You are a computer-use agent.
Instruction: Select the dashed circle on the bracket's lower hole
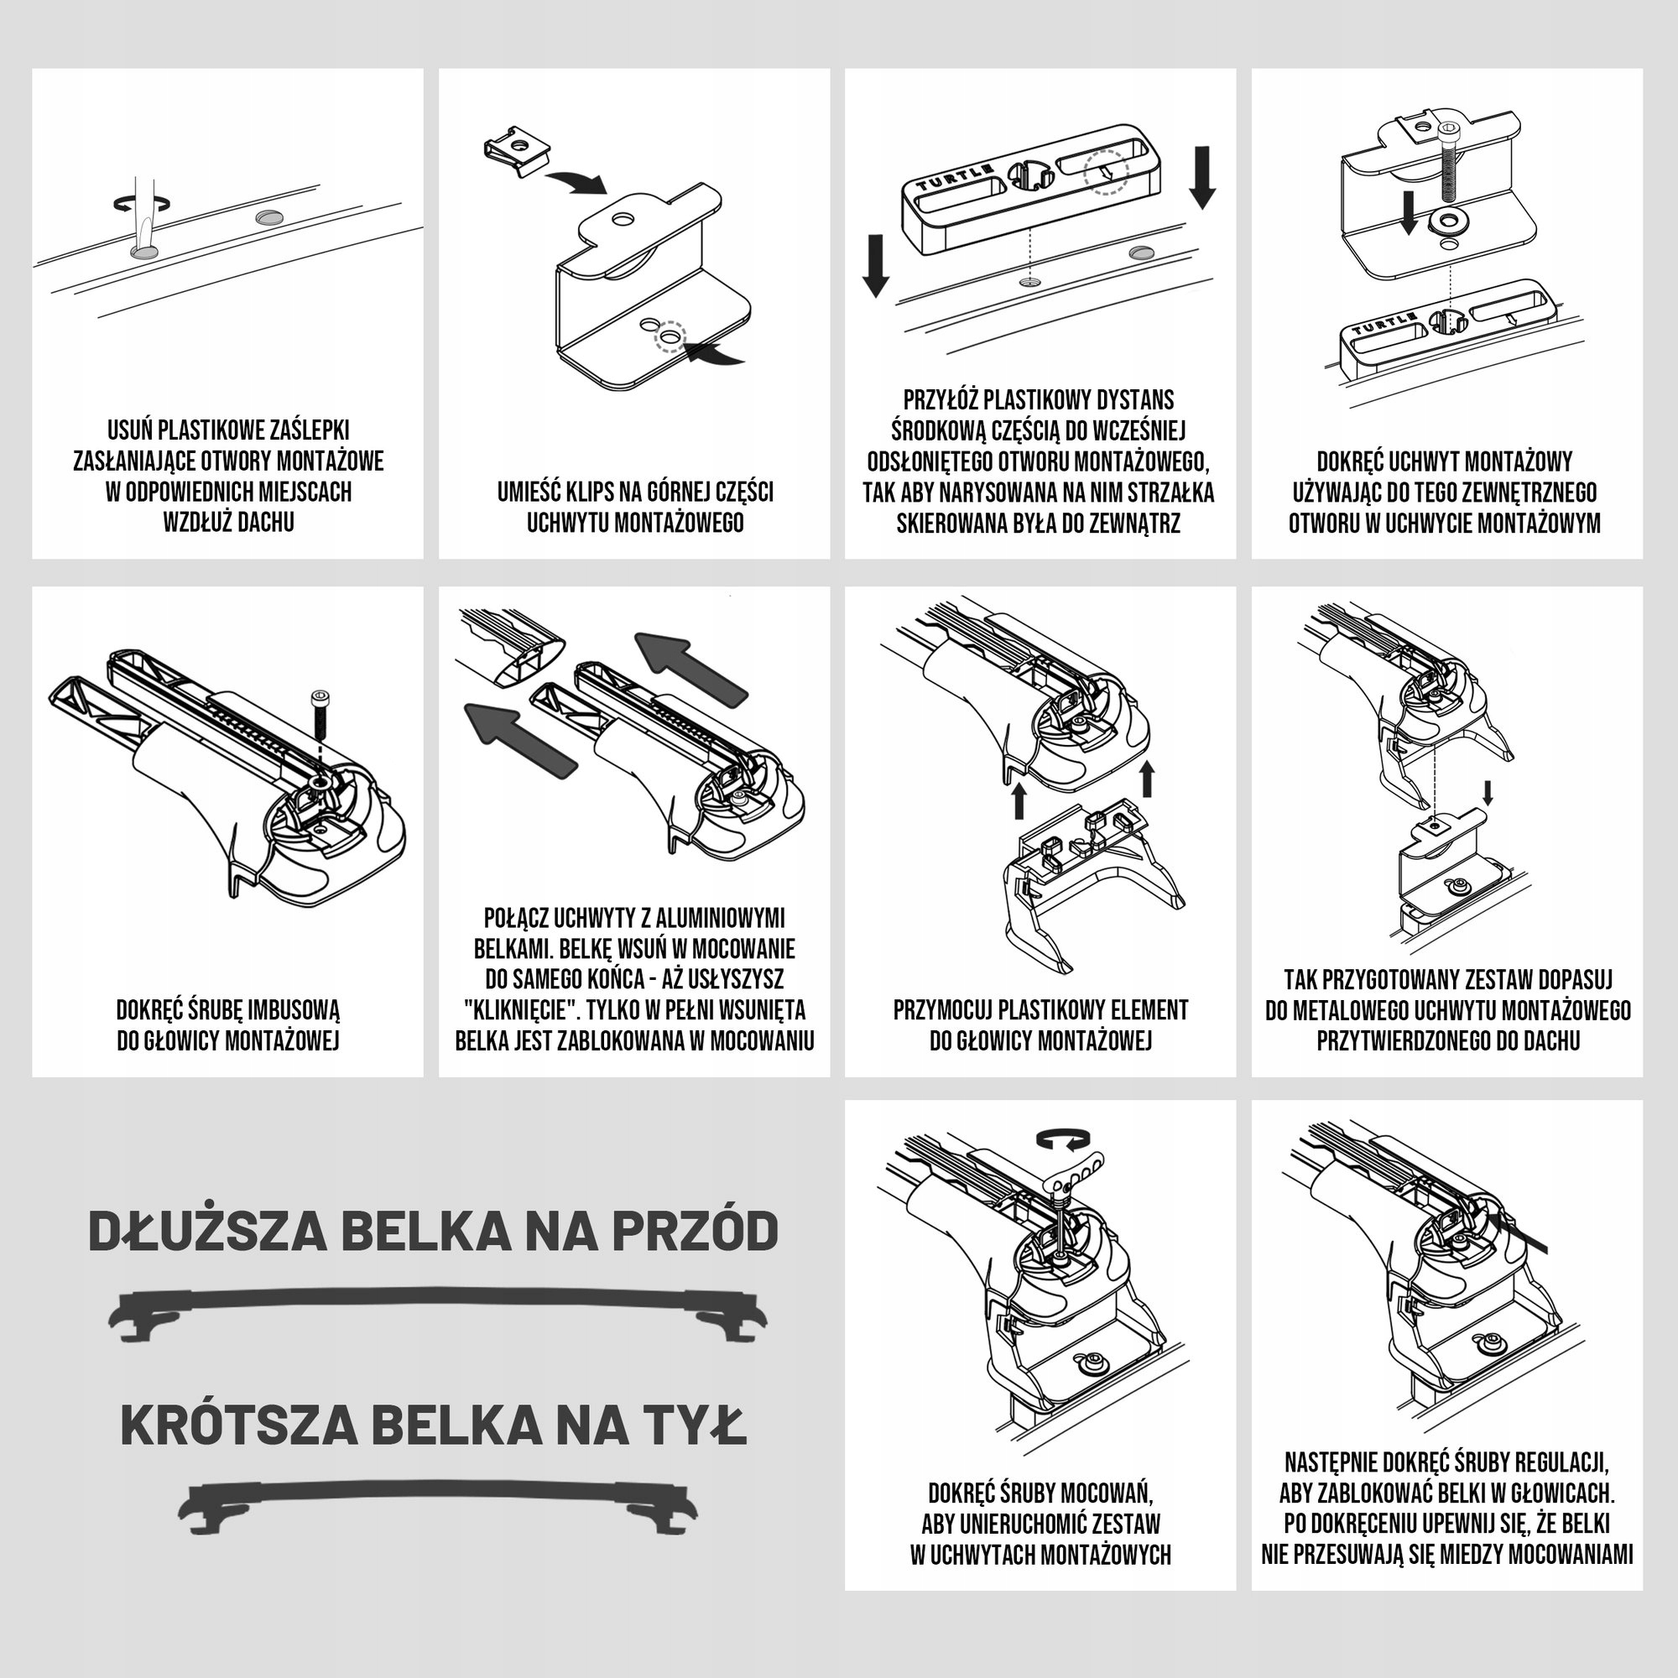671,335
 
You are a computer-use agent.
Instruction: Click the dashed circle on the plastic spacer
1106,169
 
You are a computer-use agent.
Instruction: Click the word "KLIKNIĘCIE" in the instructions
519,1009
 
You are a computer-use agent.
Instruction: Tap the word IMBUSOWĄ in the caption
294,1010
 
